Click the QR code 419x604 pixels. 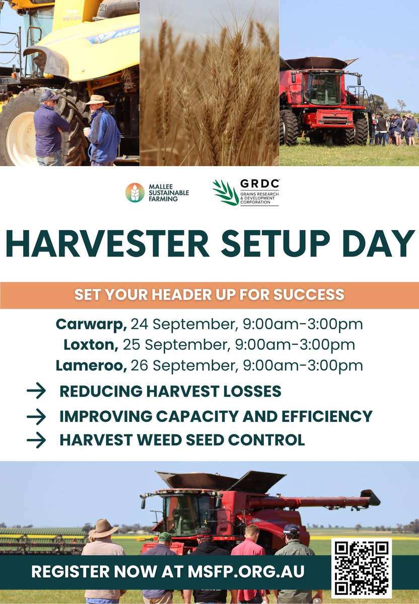(x=361, y=568)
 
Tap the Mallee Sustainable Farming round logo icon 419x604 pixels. (x=134, y=192)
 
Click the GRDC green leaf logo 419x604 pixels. (x=225, y=192)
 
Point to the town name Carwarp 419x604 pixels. (x=91, y=324)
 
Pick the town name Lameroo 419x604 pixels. (x=91, y=365)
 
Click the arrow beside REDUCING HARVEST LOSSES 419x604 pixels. (x=36, y=391)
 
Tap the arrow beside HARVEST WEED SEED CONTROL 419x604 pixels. (x=36, y=440)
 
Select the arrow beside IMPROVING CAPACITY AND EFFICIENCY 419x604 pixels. (x=36, y=416)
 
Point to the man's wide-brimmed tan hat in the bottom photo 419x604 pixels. (x=103, y=528)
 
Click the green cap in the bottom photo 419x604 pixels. (x=165, y=537)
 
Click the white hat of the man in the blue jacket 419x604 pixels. (x=97, y=100)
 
